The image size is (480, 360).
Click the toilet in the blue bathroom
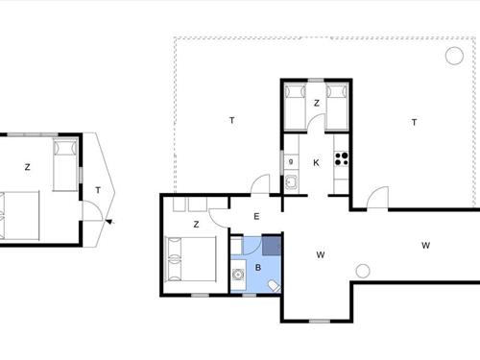[x=275, y=286]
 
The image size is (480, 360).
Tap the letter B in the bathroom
[x=258, y=268]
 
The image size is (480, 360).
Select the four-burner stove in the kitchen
[x=342, y=159]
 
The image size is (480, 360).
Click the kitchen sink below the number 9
[x=292, y=183]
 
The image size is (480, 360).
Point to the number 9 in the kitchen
[x=291, y=161]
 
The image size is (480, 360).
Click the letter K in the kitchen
[x=316, y=163]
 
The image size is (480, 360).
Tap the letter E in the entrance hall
[x=256, y=217]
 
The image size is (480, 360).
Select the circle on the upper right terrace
[x=454, y=56]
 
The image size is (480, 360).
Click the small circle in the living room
[x=363, y=271]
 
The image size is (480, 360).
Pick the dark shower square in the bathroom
[x=272, y=246]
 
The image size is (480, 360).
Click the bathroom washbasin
[x=238, y=275]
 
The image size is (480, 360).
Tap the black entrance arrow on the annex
[x=109, y=222]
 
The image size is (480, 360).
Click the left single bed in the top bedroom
[x=295, y=107]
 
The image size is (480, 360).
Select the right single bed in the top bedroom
[x=337, y=107]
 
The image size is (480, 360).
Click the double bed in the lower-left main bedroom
[x=191, y=259]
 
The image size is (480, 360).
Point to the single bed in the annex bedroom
[x=65, y=165]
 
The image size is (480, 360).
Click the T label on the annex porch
[x=98, y=190]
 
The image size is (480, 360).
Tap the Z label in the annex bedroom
[x=28, y=167]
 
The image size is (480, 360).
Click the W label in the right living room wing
[x=425, y=246]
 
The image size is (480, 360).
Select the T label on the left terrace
[x=232, y=120]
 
